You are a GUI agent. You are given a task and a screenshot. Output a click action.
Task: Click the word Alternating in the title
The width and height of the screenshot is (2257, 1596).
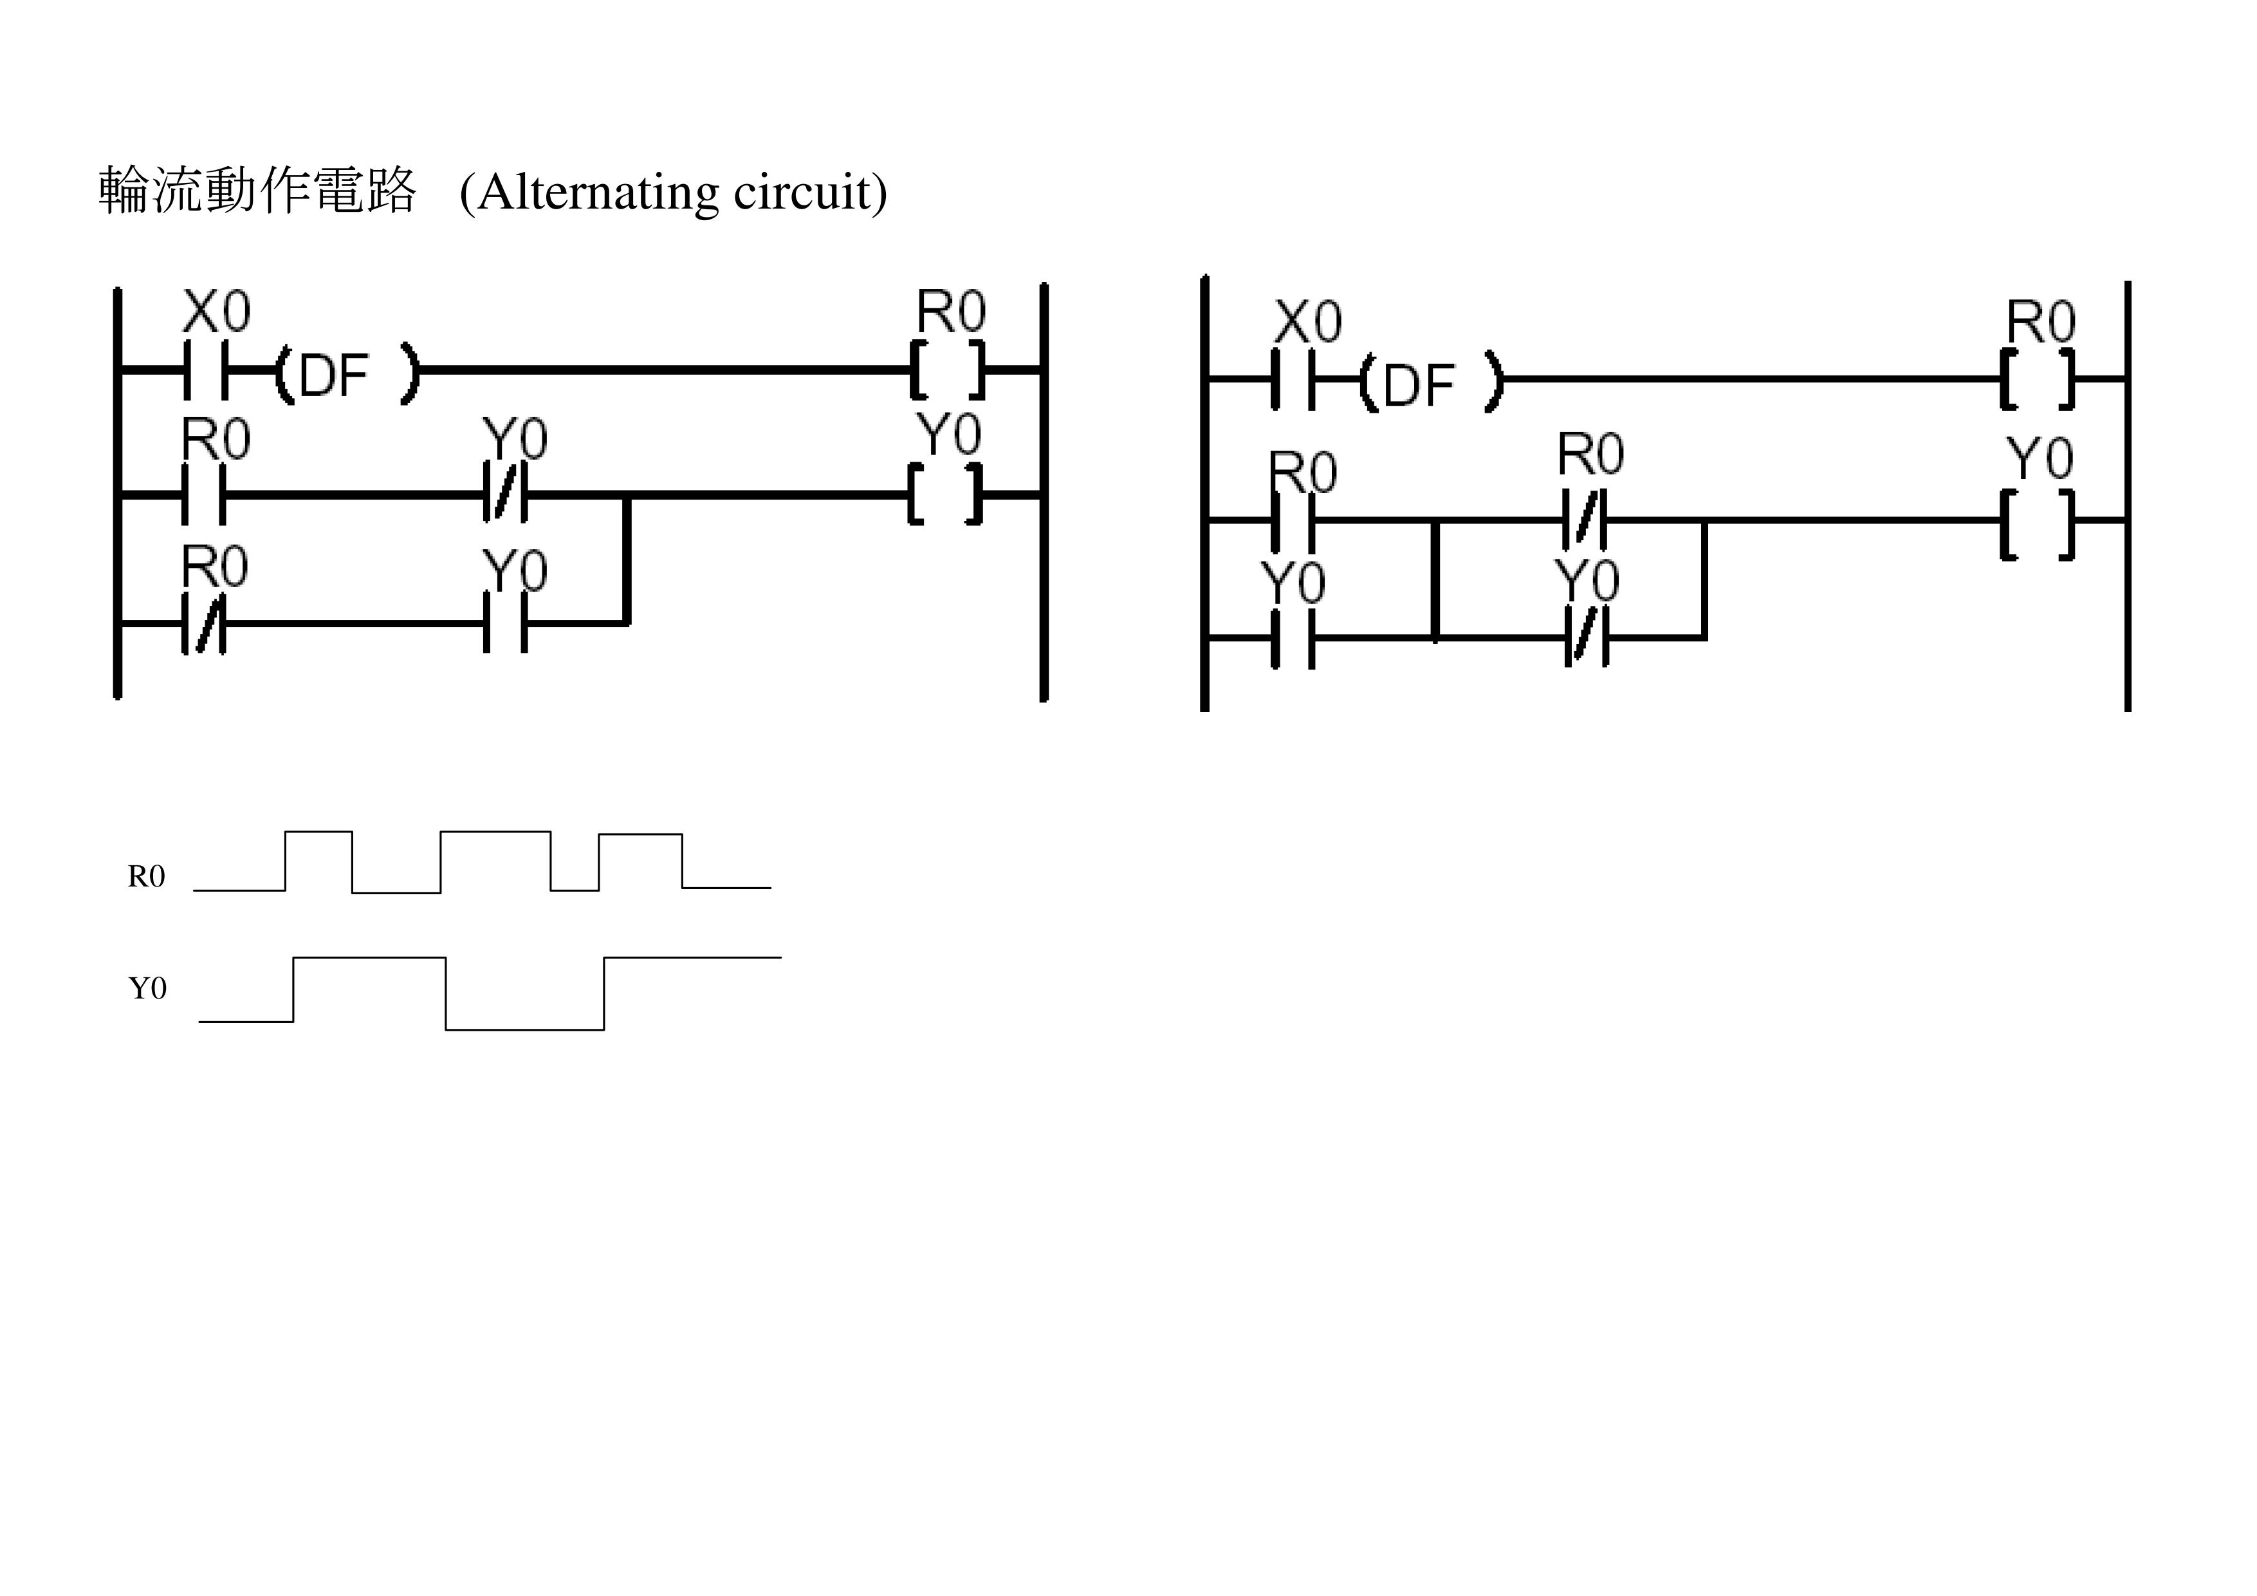coord(598,192)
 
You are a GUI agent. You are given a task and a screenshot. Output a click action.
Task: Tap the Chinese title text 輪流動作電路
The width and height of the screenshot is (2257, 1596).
coord(257,191)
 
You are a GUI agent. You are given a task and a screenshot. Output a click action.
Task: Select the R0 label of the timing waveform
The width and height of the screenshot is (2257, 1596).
coord(147,876)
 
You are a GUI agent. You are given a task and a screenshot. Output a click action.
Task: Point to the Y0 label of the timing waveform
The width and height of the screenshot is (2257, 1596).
coord(147,988)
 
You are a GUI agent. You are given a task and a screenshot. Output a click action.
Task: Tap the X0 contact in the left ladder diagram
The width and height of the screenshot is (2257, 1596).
coord(205,371)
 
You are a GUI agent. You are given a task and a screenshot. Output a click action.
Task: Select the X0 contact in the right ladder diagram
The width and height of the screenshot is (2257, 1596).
coord(1293,379)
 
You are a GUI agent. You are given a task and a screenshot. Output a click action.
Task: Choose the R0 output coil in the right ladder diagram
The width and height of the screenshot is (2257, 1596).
coord(2037,379)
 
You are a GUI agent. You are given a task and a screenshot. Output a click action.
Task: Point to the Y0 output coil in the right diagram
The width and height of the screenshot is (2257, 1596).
coord(2037,523)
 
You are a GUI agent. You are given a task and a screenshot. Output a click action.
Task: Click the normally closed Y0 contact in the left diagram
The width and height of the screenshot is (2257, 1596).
coord(505,494)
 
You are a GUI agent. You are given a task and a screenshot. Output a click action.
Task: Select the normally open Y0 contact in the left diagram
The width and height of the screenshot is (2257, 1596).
coord(505,623)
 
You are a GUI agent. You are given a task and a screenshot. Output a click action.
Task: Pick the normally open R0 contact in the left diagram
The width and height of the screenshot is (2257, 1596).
coord(203,494)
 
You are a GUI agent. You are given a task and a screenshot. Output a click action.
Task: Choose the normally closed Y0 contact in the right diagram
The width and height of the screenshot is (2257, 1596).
coord(1585,638)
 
